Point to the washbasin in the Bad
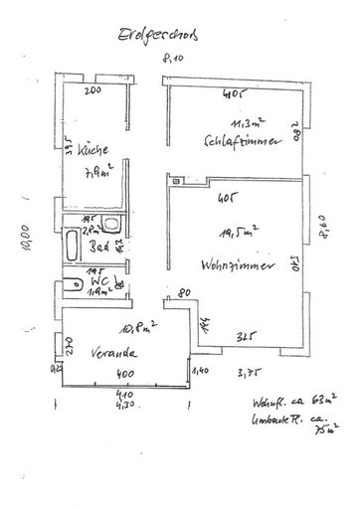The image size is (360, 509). [x=108, y=226]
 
